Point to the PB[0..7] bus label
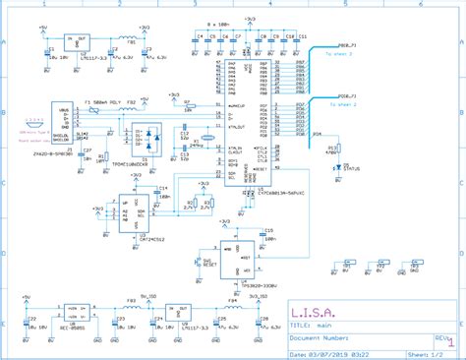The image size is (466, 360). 350,45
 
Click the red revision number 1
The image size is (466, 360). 451,340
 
